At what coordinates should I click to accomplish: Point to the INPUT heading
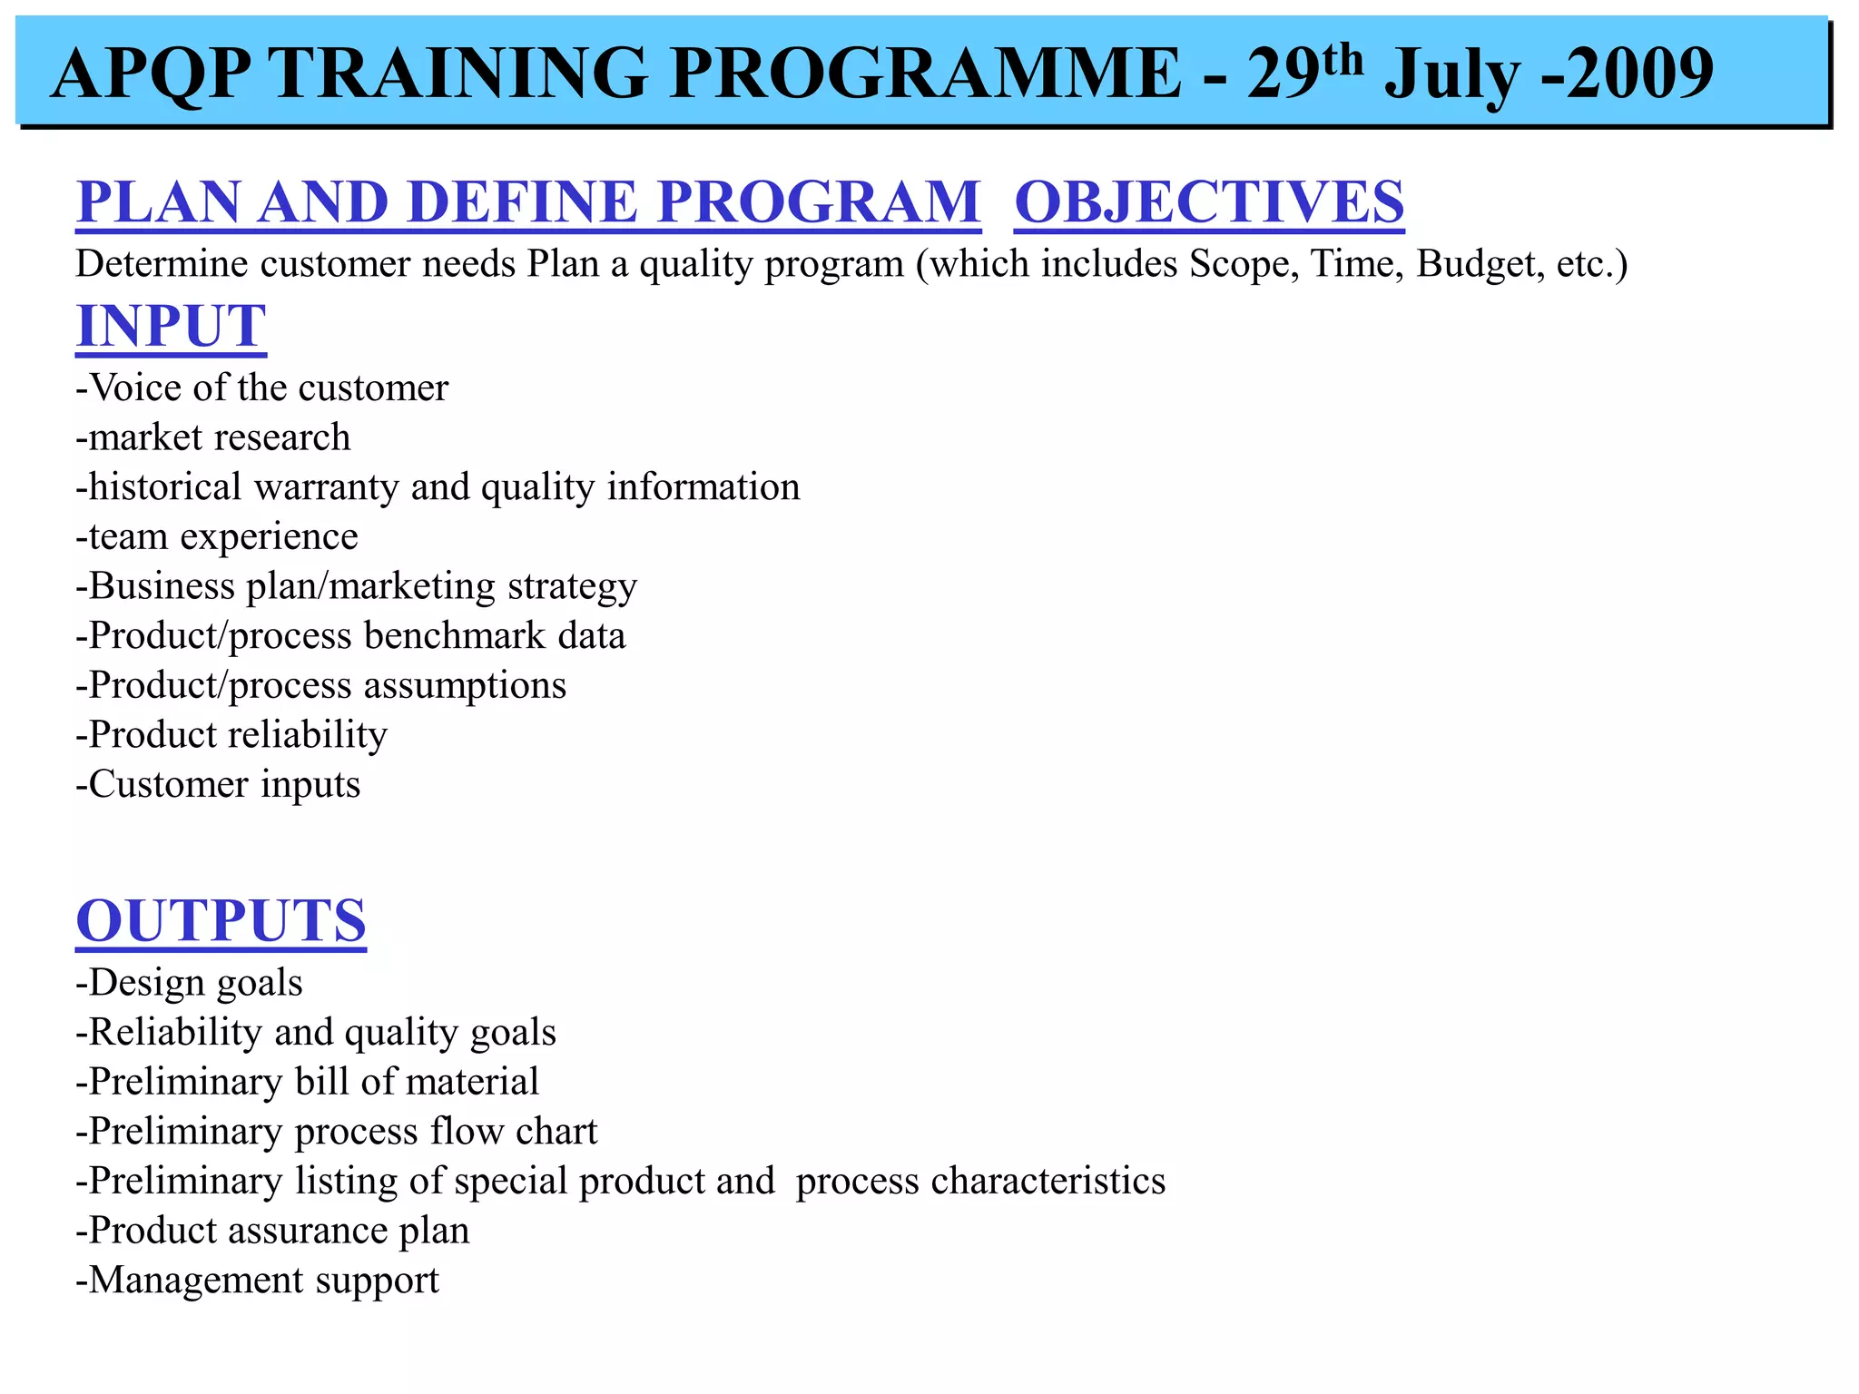(172, 326)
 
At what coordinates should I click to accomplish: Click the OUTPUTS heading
(221, 920)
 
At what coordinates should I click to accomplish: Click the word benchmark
(455, 636)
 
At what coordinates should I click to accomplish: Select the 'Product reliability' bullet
(232, 735)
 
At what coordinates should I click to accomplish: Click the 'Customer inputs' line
(219, 785)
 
